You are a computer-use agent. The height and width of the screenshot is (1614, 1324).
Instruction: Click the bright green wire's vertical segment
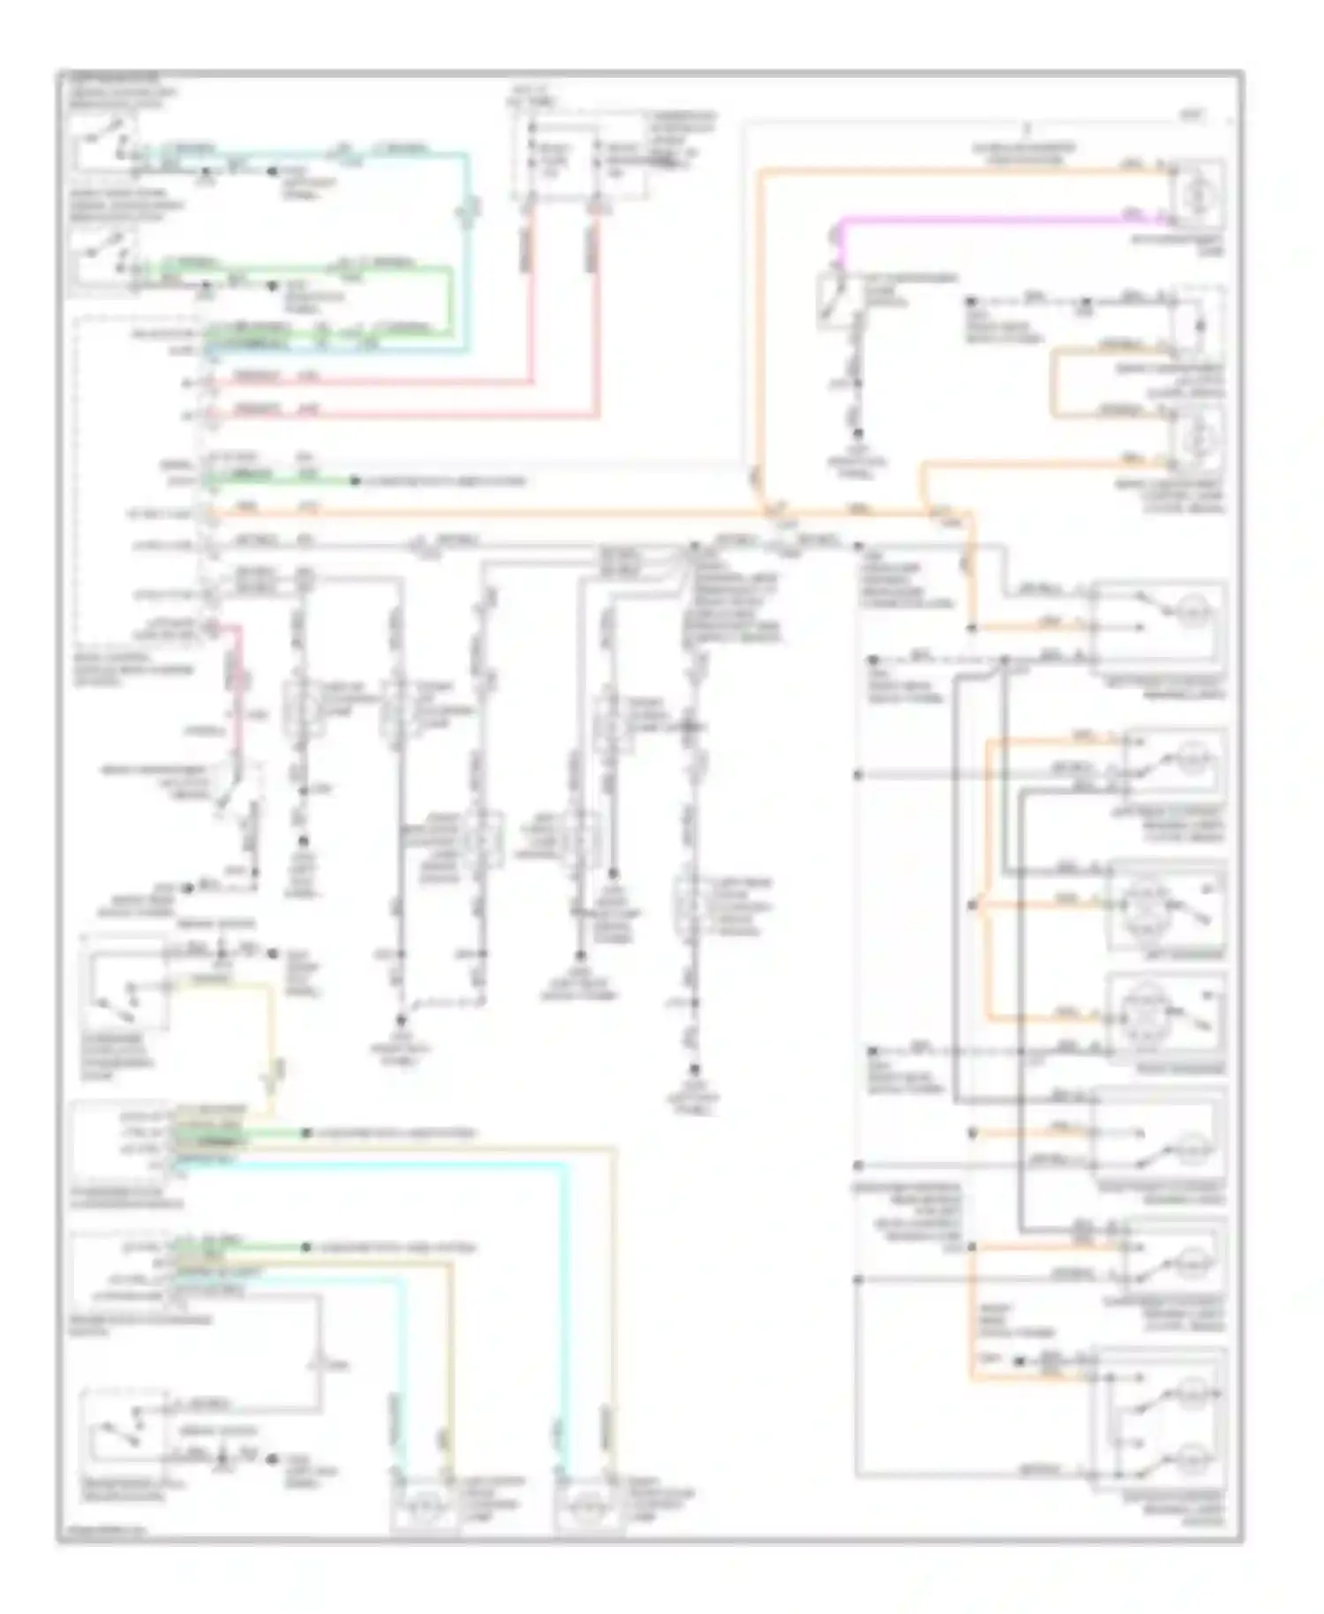coord(451,300)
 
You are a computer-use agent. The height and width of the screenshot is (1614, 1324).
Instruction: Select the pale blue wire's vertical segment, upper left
coord(468,256)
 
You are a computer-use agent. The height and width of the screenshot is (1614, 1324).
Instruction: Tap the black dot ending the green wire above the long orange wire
coord(355,481)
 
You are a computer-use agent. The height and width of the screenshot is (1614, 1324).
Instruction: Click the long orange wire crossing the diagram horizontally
coord(530,511)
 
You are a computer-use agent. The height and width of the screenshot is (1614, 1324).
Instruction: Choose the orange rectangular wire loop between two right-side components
coord(1055,384)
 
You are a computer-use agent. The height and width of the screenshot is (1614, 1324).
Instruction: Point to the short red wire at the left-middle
coord(234,671)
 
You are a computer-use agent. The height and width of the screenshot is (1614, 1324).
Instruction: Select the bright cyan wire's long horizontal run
coord(371,1164)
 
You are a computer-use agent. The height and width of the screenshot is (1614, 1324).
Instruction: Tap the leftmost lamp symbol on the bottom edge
coord(424,1501)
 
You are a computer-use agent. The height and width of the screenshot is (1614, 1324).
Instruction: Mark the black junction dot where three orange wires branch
coord(971,907)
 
